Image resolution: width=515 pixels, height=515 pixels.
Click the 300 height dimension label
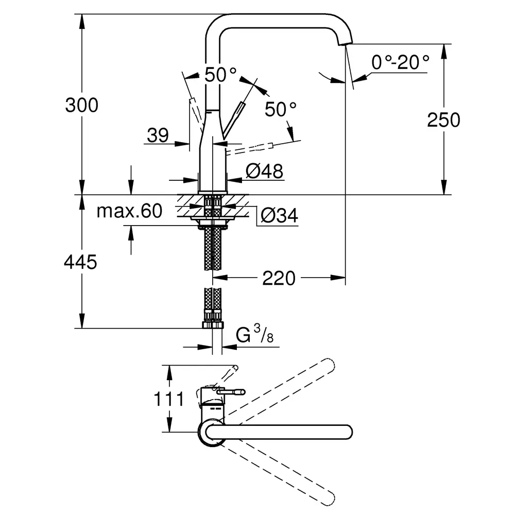pyautogui.click(x=81, y=105)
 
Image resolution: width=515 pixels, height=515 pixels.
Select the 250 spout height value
pyautogui.click(x=443, y=120)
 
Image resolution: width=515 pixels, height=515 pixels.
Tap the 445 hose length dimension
pyautogui.click(x=80, y=262)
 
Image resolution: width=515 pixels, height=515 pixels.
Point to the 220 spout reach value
pyautogui.click(x=279, y=279)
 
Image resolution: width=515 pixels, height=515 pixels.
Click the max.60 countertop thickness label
pyautogui.click(x=129, y=211)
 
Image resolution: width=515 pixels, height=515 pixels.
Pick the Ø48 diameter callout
pyautogui.click(x=264, y=171)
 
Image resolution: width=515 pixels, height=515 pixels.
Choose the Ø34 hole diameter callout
pyautogui.click(x=279, y=215)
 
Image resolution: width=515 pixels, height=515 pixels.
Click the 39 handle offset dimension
pyautogui.click(x=158, y=135)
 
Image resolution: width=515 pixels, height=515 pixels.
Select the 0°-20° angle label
pyautogui.click(x=400, y=62)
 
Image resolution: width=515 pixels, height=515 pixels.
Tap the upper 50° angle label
pyautogui.click(x=220, y=75)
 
